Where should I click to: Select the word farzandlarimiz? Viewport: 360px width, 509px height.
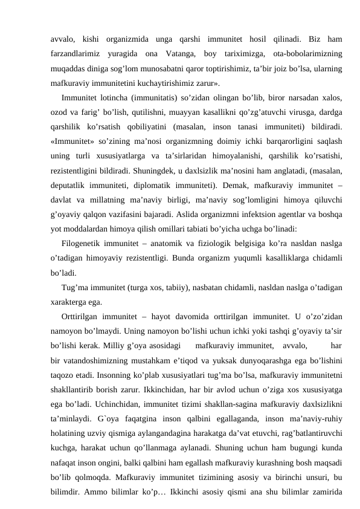pos(76,52)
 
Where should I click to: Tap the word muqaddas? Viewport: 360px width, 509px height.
pos(68,66)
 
